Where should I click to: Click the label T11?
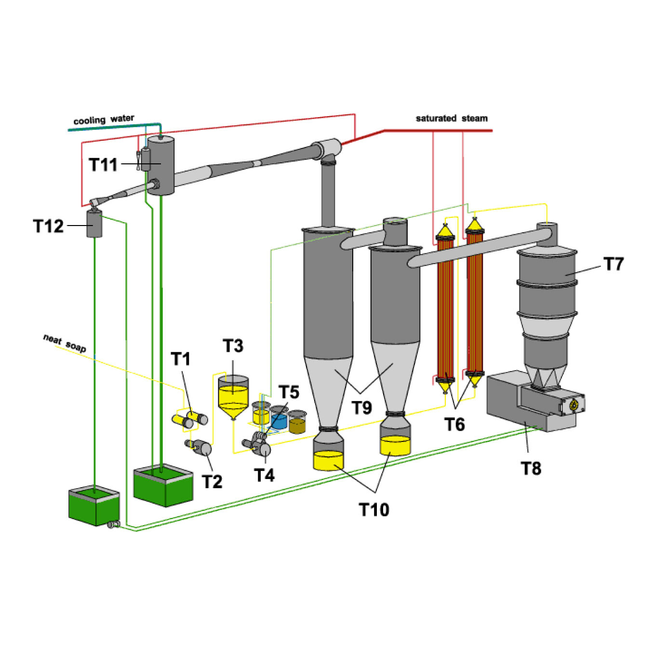point(103,165)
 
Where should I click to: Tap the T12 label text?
point(48,226)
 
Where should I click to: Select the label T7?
point(613,264)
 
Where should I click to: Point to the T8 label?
point(531,468)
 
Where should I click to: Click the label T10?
point(374,509)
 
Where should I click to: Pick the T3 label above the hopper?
point(233,346)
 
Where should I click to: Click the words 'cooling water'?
point(104,120)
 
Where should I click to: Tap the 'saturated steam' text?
point(452,119)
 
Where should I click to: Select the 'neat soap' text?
point(65,343)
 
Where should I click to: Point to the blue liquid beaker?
point(279,418)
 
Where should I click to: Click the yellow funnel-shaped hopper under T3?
point(233,398)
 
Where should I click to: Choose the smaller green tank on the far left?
point(93,506)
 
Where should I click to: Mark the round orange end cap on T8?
point(573,405)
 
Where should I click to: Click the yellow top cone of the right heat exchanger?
point(475,226)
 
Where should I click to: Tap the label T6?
point(454,425)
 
